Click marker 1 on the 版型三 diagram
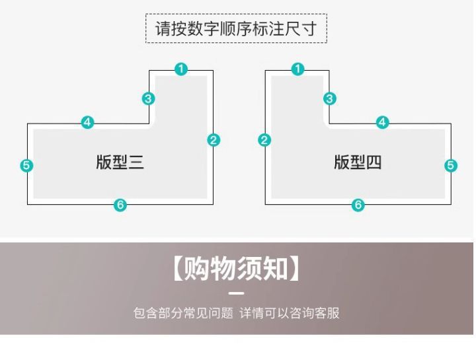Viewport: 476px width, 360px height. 181,69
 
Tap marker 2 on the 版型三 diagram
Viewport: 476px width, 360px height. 213,140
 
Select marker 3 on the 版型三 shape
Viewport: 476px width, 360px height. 149,99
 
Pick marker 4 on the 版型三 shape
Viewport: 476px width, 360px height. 88,122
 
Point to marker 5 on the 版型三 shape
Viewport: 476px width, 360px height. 26,165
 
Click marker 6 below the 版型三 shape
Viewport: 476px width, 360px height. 120,205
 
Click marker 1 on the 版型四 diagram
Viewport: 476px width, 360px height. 297,69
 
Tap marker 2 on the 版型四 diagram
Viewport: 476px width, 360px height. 265,140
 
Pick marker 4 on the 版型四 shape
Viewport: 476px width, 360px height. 383,122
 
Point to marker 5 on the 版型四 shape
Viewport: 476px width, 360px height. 451,165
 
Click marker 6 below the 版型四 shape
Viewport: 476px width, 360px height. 358,205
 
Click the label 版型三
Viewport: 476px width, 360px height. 120,162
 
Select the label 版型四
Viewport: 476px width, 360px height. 358,162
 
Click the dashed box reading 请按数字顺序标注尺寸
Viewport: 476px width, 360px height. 236,29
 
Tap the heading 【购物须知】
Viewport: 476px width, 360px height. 236,269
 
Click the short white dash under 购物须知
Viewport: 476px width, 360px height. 236,293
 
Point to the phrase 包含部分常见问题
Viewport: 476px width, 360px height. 183,312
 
